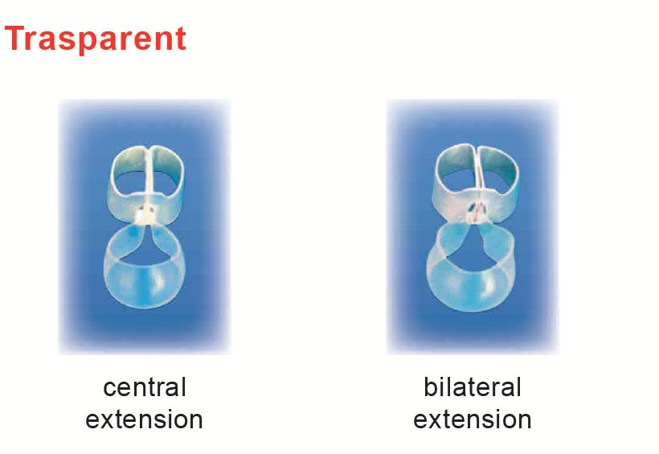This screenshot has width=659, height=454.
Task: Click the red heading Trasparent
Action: point(96,39)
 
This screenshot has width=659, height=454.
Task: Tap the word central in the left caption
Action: point(145,387)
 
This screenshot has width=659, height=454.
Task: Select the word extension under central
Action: point(144,419)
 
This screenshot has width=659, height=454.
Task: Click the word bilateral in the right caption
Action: point(473,387)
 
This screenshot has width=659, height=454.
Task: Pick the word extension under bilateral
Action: point(473,419)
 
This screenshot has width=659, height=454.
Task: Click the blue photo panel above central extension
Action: point(145,227)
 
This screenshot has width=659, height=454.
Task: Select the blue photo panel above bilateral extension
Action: point(473,227)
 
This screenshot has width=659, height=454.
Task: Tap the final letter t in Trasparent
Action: point(180,39)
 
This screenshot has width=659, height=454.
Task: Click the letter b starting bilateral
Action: point(430,387)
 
